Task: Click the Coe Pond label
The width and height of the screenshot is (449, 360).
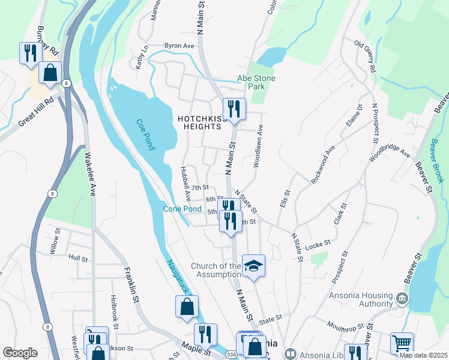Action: click(x=146, y=134)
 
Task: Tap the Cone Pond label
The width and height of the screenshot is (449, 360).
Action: click(x=182, y=209)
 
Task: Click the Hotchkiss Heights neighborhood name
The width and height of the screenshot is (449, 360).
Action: click(x=203, y=122)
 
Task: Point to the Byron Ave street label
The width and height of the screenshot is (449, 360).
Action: click(x=179, y=46)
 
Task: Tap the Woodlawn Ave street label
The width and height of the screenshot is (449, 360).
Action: click(x=258, y=145)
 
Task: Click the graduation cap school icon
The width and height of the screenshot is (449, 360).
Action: click(x=253, y=265)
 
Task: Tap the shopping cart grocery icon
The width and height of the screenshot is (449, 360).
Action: click(x=402, y=343)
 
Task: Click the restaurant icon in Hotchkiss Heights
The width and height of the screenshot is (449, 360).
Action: click(x=234, y=109)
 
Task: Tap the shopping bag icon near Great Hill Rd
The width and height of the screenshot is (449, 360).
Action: click(x=50, y=72)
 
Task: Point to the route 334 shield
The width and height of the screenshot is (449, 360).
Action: click(x=231, y=355)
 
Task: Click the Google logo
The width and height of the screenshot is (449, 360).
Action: click(x=20, y=353)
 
